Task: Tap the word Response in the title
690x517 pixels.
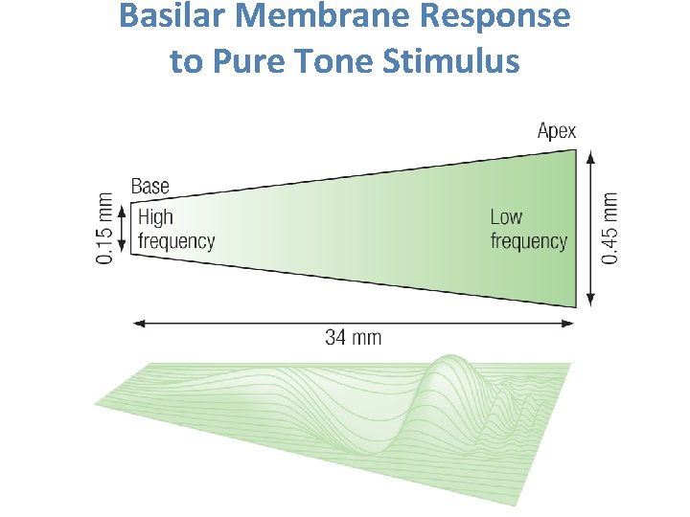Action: (504, 17)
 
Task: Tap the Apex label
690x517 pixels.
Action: (556, 131)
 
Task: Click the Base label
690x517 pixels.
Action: (149, 187)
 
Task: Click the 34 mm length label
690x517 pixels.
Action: (353, 337)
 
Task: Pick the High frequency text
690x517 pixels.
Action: (175, 230)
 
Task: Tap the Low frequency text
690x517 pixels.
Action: (528, 230)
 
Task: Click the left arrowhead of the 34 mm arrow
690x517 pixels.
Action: (136, 323)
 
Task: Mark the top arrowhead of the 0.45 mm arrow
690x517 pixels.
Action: (590, 153)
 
